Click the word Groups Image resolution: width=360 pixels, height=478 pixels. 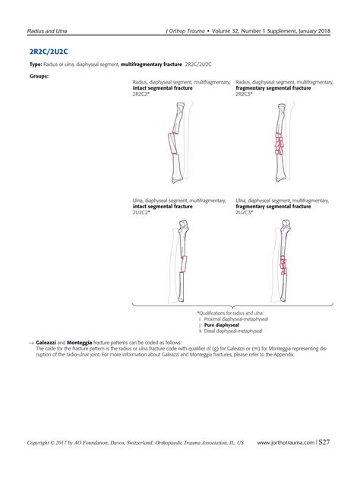pyautogui.click(x=39, y=76)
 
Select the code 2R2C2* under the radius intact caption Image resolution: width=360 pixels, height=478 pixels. pyautogui.click(x=141, y=93)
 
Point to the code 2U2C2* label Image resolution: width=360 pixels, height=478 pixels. pyautogui.click(x=141, y=212)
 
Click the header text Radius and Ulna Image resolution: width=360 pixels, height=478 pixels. pyautogui.click(x=44, y=31)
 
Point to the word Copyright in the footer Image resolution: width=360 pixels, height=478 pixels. pyautogui.click(x=41, y=442)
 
